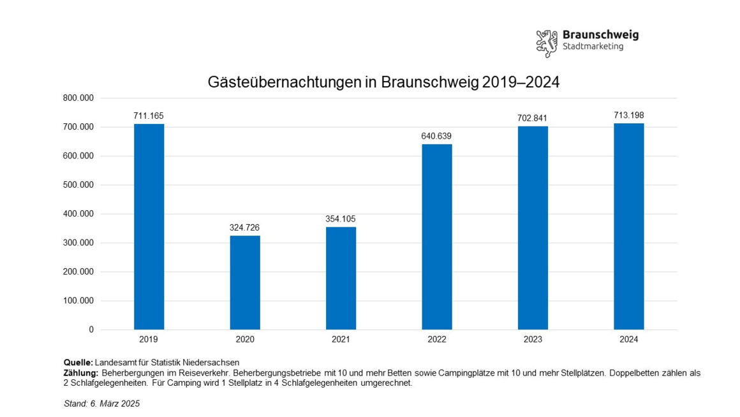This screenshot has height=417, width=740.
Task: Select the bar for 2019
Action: tap(149, 227)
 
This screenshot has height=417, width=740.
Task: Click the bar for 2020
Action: tap(245, 282)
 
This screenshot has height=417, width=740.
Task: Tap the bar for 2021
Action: tap(341, 278)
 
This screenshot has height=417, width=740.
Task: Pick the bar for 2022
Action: tap(437, 237)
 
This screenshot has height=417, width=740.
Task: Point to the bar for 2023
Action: tap(533, 228)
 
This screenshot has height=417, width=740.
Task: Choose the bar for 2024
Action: tap(629, 226)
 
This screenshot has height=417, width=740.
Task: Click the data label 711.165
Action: tap(149, 116)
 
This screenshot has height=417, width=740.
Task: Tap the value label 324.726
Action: tap(245, 227)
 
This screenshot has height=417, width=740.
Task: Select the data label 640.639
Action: tap(437, 136)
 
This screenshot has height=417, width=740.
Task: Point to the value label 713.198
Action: tap(629, 115)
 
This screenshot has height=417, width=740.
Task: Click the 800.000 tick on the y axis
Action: tap(78, 98)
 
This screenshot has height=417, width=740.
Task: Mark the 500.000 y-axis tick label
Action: tap(78, 185)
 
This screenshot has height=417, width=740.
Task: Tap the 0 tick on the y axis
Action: tap(91, 330)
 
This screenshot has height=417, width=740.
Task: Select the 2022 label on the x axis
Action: tap(437, 340)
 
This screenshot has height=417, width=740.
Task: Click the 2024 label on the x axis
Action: tap(629, 340)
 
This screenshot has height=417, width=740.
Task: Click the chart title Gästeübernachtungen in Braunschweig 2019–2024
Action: tap(383, 82)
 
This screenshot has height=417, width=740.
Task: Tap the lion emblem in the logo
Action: tap(546, 43)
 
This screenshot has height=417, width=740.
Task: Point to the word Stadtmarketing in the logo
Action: tap(593, 47)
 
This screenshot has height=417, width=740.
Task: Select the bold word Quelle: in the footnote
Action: tap(78, 363)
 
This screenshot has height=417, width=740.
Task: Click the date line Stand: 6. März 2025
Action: tap(102, 404)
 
